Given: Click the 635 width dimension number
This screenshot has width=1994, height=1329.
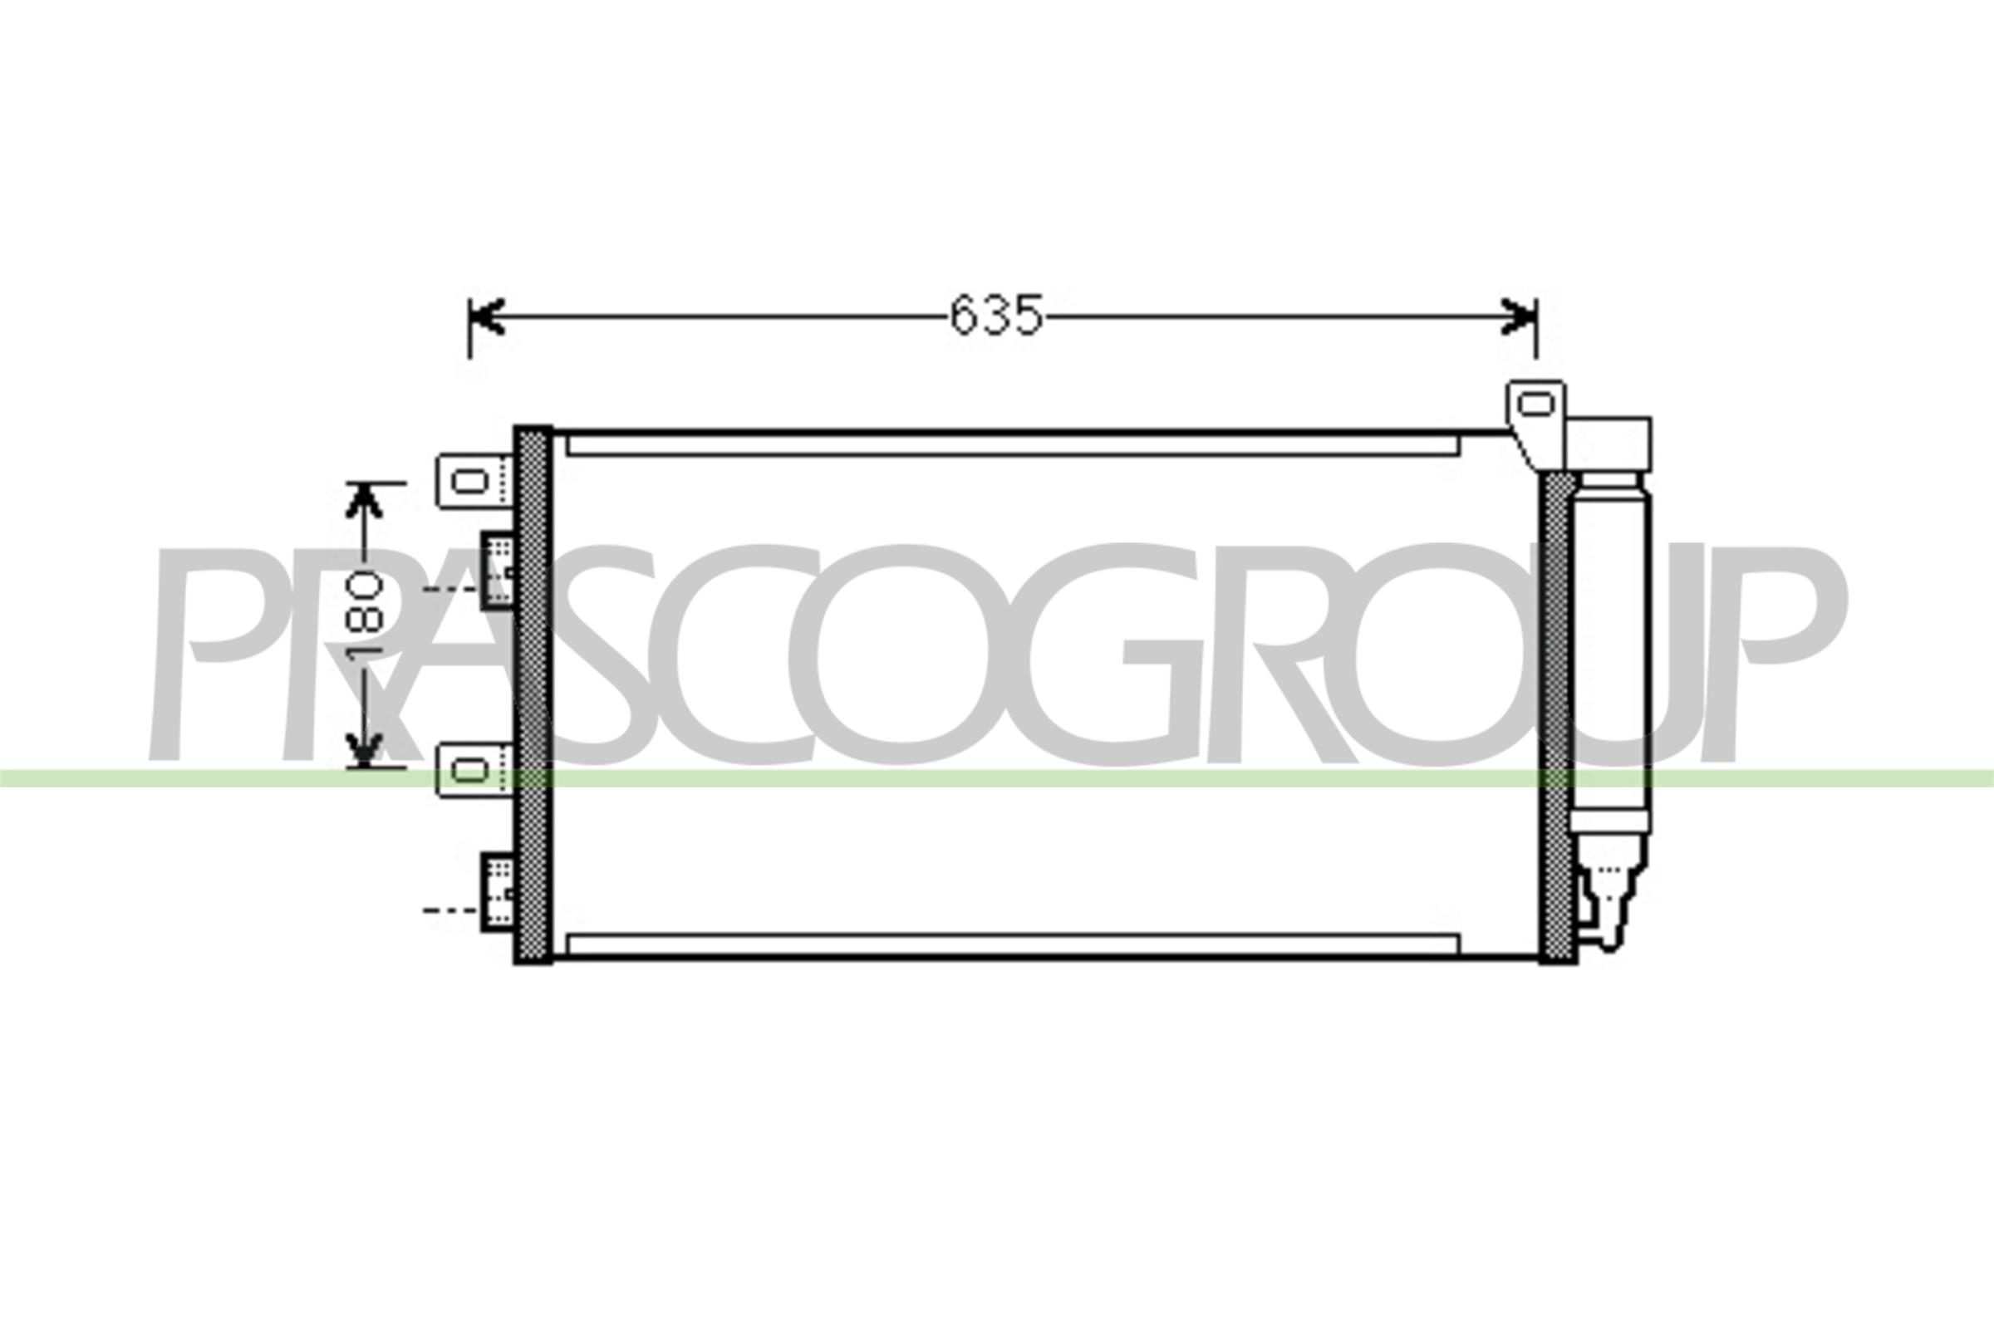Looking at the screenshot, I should [996, 316].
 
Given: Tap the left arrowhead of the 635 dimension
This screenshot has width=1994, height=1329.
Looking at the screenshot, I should [489, 316].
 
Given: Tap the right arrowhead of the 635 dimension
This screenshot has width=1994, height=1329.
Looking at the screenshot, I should [1519, 316].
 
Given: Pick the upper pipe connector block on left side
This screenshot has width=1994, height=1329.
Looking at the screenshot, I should [498, 570].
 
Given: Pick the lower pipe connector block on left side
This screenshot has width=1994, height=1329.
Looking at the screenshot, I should [498, 891].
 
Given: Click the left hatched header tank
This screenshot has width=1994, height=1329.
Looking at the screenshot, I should [533, 695].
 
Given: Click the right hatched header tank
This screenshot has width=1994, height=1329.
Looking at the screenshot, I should [1556, 717].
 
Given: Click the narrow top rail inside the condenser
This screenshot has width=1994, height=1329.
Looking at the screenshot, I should [1012, 446].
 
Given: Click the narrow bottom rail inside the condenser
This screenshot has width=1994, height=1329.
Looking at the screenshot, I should [1012, 944].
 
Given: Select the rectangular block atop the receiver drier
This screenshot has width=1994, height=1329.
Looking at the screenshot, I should [1608, 444].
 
